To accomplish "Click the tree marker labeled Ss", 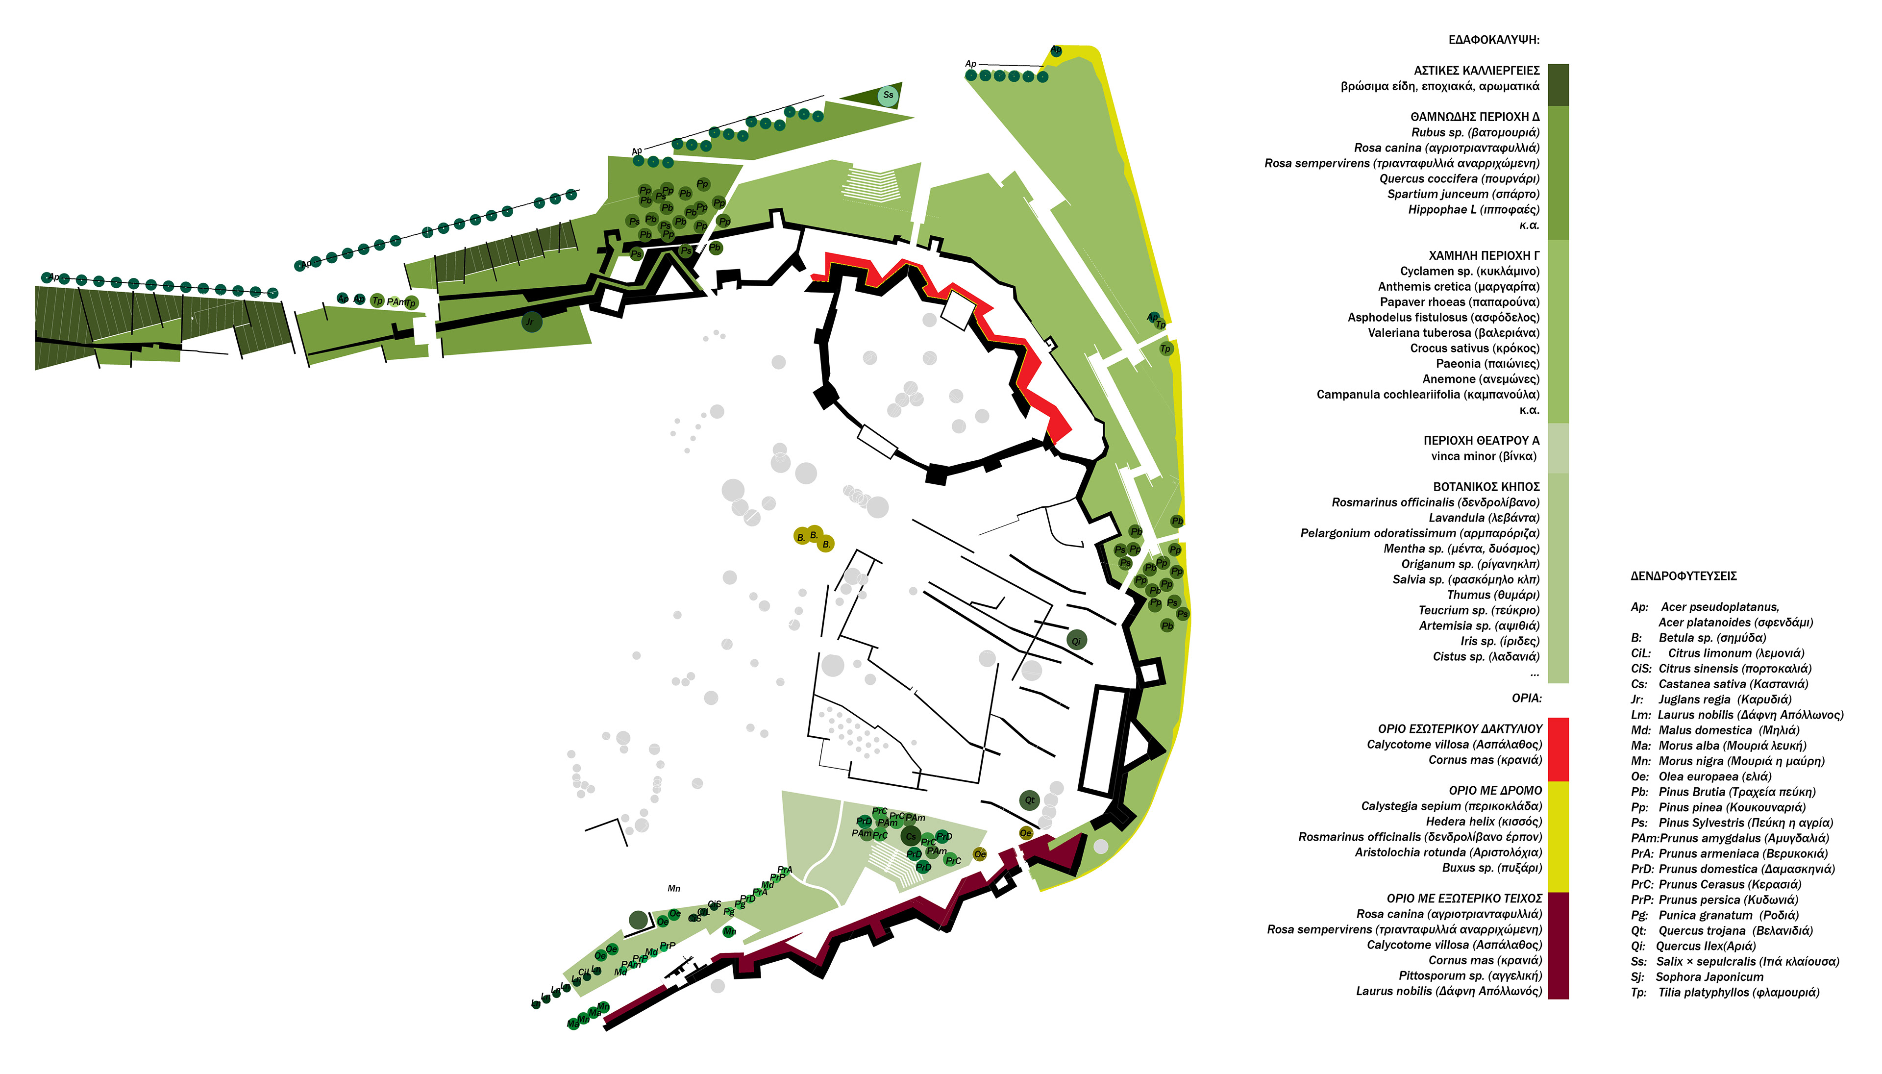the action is [x=888, y=95].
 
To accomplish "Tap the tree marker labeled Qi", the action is [x=1076, y=640].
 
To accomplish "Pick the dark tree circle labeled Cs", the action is [x=911, y=836].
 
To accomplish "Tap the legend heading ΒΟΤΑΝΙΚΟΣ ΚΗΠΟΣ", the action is [x=1486, y=487].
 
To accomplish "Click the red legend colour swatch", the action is [x=1558, y=749].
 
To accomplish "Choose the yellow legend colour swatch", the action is [x=1558, y=836].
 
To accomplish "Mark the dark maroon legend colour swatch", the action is [x=1558, y=945].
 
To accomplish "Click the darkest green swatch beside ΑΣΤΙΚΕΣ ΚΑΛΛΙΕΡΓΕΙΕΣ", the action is [x=1558, y=84].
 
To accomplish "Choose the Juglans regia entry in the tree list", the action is [x=1714, y=699].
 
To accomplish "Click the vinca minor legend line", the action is [x=1484, y=456].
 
